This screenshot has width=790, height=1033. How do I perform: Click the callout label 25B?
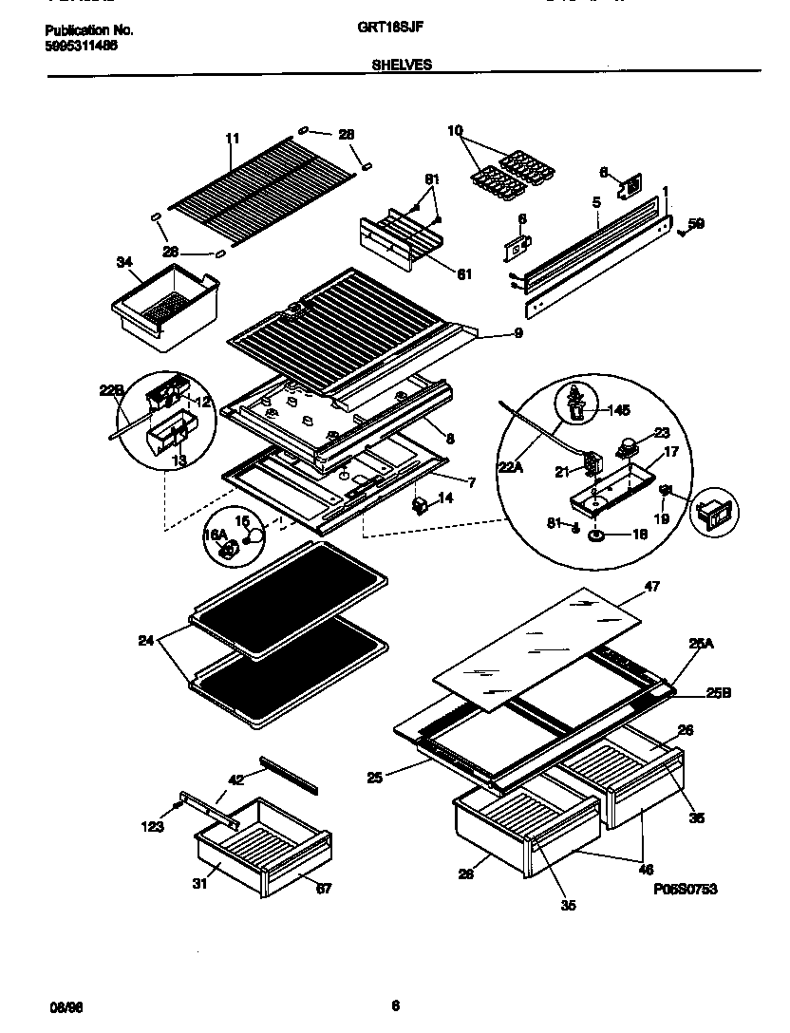pos(719,693)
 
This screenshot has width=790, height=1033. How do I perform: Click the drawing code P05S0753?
pos(685,889)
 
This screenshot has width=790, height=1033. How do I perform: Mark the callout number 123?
pos(152,826)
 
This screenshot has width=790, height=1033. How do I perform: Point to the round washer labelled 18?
pos(599,535)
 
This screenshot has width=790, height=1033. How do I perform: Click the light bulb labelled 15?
pos(254,535)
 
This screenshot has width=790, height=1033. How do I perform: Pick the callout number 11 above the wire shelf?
pos(232,139)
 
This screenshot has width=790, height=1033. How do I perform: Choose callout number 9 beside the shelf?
pos(518,333)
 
